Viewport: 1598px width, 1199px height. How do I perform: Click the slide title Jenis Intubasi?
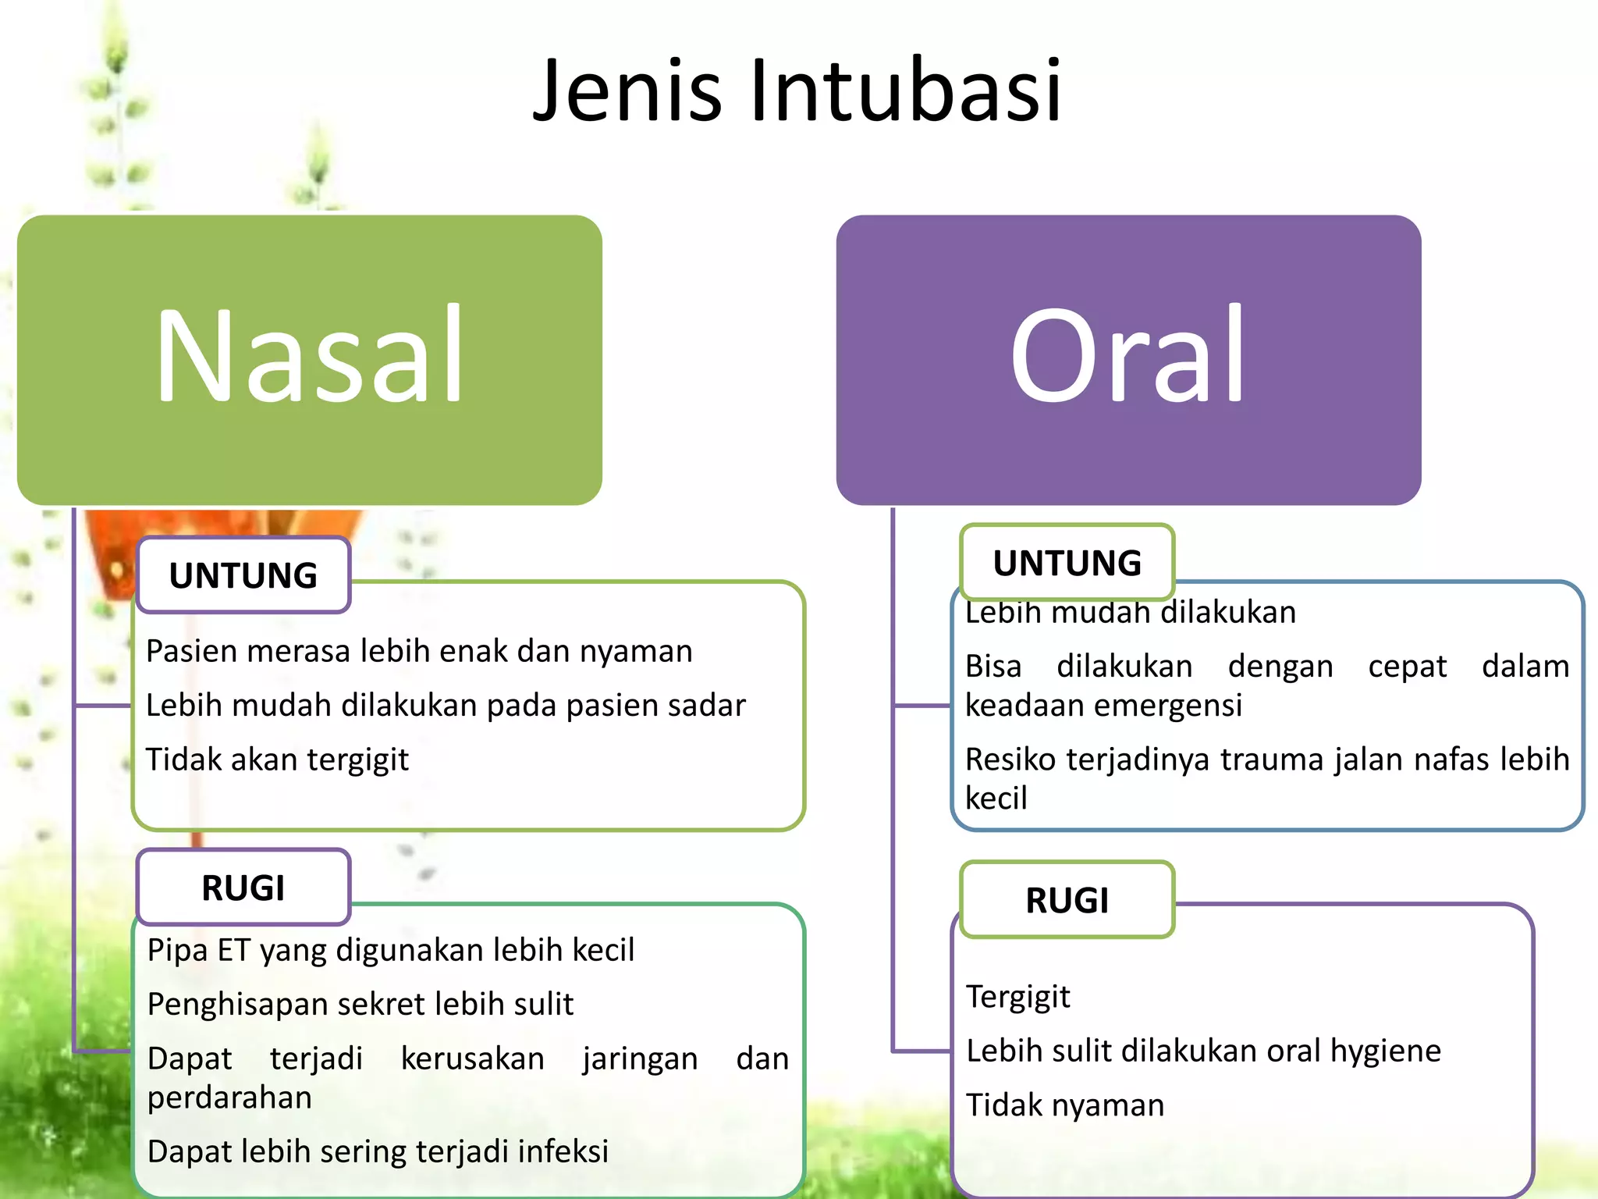(797, 91)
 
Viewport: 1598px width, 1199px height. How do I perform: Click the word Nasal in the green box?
(310, 355)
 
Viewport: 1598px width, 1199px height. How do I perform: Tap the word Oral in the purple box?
(1127, 355)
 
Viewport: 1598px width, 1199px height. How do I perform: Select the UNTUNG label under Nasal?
(243, 575)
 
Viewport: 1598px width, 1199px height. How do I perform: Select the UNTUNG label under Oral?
(1067, 563)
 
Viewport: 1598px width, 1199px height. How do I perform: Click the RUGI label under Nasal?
(243, 888)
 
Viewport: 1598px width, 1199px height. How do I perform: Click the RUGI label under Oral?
(1067, 901)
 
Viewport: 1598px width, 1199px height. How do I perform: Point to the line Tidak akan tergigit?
(277, 760)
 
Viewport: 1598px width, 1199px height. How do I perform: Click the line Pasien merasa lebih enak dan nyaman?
(419, 651)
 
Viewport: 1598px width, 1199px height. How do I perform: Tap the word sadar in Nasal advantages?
(707, 705)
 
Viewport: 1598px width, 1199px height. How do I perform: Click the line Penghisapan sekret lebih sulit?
(360, 1004)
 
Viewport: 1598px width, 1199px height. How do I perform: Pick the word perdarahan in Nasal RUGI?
(229, 1098)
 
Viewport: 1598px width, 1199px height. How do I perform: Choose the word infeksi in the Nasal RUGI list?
(563, 1151)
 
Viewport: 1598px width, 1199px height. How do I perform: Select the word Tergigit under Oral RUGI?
(1017, 997)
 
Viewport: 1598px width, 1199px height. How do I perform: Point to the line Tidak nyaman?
(1064, 1105)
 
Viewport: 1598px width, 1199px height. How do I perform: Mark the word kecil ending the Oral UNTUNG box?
(996, 799)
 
